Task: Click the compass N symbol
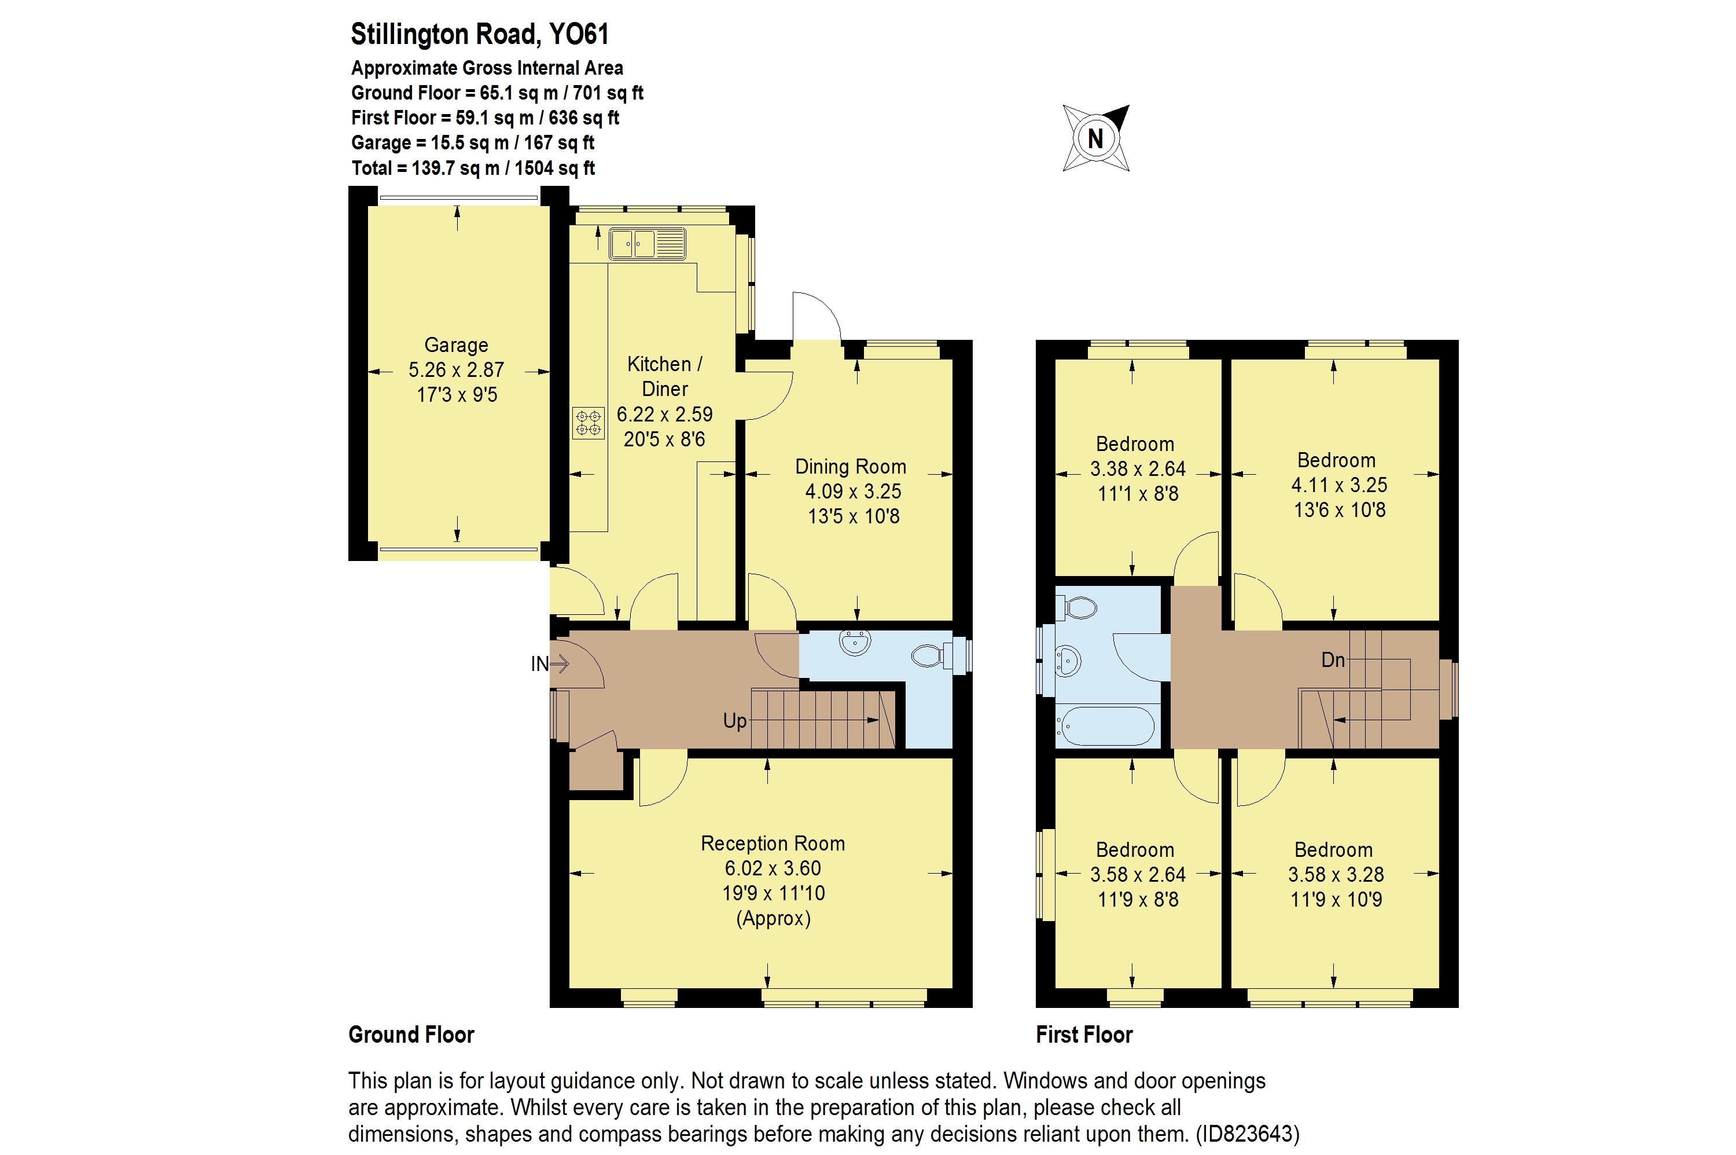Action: coord(1095,138)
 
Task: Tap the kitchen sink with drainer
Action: coord(646,244)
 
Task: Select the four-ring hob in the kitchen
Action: coord(587,423)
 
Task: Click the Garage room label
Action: coord(456,344)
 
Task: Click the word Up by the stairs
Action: coord(734,720)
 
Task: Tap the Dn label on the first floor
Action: coord(1332,659)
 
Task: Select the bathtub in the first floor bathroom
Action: coord(1104,727)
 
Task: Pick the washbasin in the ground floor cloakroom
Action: coord(854,642)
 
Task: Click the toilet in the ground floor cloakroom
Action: coord(930,655)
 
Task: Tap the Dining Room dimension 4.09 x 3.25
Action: coord(852,492)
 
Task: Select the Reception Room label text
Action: coord(773,844)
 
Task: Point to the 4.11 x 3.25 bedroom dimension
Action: coord(1338,485)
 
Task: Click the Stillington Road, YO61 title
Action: coord(479,34)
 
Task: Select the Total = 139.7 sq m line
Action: coord(473,168)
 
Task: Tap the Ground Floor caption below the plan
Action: coord(411,1034)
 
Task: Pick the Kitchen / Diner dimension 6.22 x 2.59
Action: coord(664,414)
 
